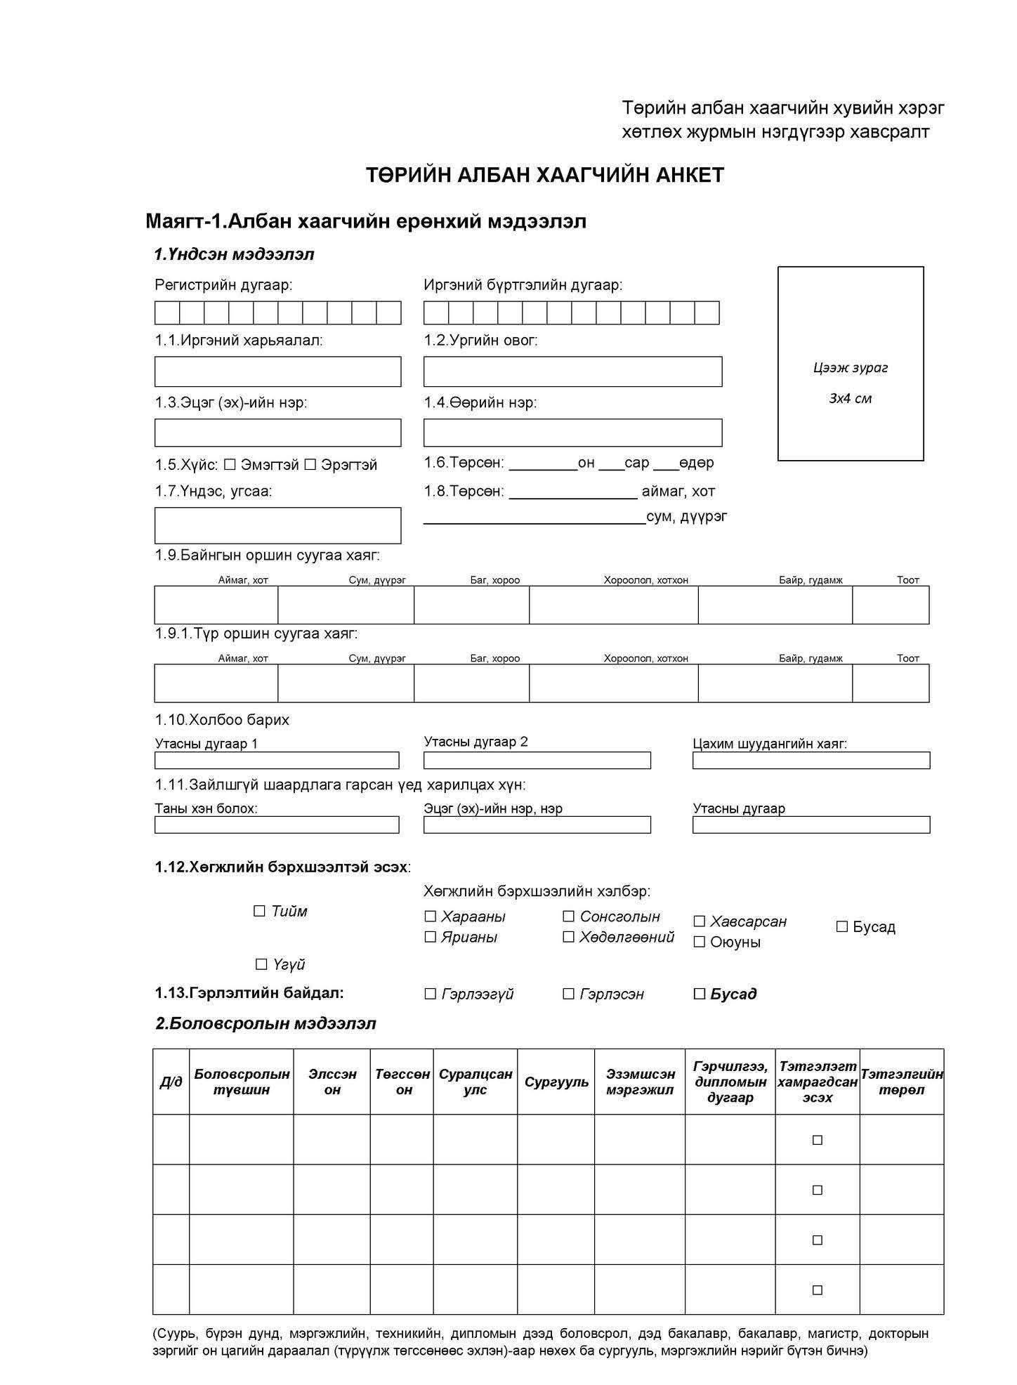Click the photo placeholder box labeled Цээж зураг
point(850,363)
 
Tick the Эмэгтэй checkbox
point(230,464)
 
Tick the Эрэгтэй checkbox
point(310,464)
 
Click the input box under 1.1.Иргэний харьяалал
point(277,371)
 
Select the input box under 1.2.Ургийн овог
point(572,371)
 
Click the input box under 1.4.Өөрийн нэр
point(572,433)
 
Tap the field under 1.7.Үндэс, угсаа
point(277,525)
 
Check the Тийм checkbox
point(259,911)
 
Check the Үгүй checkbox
point(261,964)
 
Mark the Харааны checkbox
point(430,916)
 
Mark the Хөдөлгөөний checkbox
point(568,936)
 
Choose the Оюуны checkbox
point(699,942)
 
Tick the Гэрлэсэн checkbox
point(568,993)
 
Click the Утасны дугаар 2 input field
point(537,760)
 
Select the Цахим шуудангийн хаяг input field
point(811,760)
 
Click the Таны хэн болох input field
point(277,824)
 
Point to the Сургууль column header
point(556,1082)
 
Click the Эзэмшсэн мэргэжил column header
point(640,1082)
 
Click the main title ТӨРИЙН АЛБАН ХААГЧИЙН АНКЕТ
point(544,175)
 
